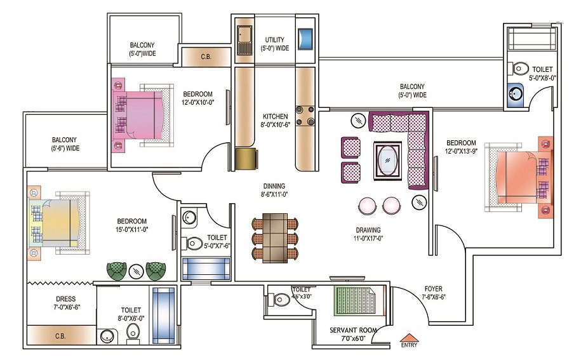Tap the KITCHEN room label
point(276,116)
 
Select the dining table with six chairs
point(275,237)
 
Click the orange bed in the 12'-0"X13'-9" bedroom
point(519,177)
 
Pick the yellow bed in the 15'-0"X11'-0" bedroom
point(58,223)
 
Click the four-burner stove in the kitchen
point(305,116)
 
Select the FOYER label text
point(434,288)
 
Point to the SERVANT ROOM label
point(353,330)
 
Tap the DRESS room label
point(66,298)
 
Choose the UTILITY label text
point(274,39)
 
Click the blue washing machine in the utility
point(305,39)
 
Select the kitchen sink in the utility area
point(244,40)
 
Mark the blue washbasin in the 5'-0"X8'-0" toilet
point(516,94)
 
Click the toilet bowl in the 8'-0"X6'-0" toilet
point(133,331)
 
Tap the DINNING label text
point(274,186)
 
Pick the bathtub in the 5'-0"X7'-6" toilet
point(206,269)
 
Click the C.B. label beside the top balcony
point(206,57)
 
